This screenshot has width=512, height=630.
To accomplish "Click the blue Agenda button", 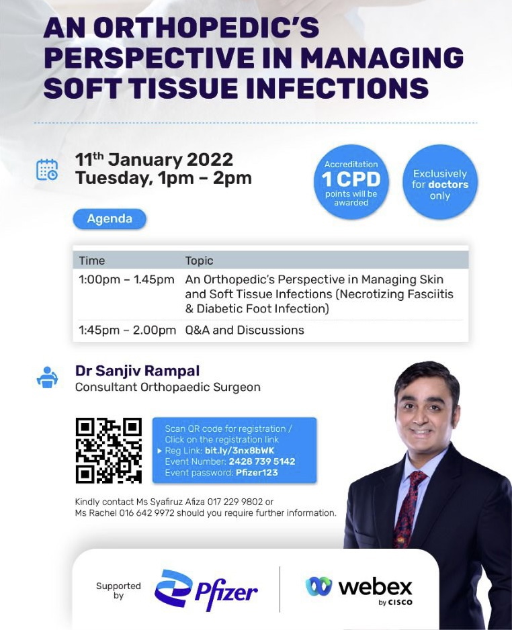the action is click(110, 219).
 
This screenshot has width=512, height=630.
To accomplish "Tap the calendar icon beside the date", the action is click(47, 169).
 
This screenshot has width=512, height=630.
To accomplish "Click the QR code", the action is click(108, 451).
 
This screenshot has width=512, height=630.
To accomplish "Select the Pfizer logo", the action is click(206, 590).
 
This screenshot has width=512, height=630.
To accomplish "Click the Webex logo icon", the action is click(318, 586).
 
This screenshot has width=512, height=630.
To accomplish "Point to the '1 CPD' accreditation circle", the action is click(351, 182).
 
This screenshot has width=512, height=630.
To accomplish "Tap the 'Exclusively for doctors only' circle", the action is click(439, 182).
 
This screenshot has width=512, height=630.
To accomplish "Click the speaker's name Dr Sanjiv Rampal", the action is click(138, 371).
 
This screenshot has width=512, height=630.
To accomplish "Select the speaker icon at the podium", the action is click(47, 377).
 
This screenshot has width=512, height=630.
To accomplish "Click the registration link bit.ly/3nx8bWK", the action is click(239, 451).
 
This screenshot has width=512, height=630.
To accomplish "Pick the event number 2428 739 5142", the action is click(262, 461).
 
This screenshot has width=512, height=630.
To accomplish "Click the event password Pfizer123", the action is click(257, 473).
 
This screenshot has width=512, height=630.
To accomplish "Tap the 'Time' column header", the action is click(92, 261).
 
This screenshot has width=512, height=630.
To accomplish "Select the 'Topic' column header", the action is click(199, 261).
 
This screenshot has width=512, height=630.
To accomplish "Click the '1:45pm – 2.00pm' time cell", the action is click(128, 330).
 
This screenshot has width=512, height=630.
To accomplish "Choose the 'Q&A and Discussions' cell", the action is click(245, 330).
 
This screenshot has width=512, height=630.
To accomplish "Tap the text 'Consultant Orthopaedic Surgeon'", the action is click(167, 387).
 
